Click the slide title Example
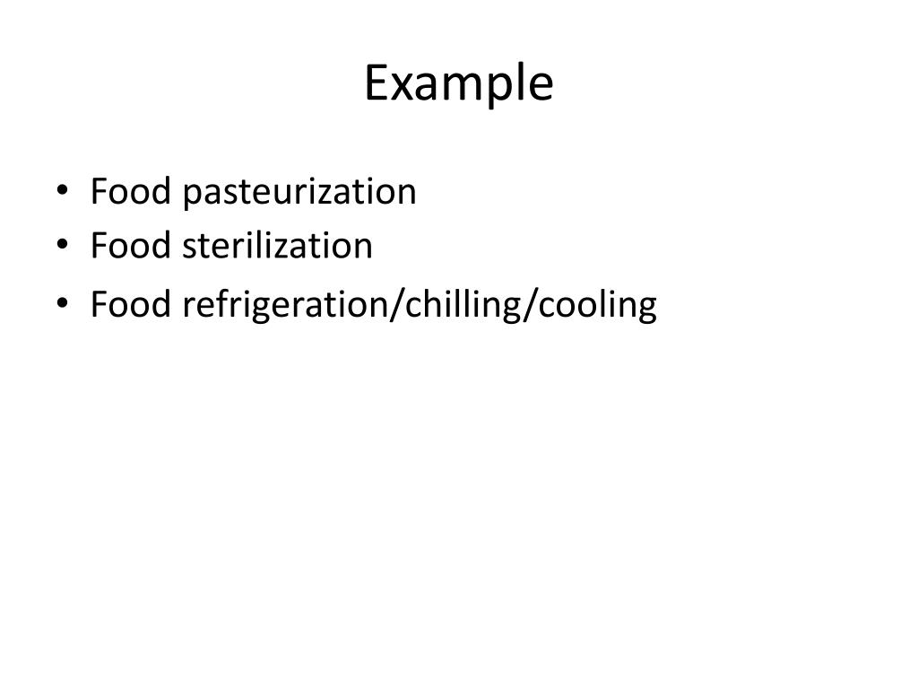point(458,83)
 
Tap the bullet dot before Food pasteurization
point(62,190)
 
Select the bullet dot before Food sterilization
point(62,244)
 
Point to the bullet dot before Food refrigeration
point(62,303)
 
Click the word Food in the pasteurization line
point(130,191)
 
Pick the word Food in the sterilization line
point(130,245)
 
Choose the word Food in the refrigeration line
point(130,304)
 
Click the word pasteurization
point(299,193)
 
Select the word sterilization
point(278,245)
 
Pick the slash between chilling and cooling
point(529,305)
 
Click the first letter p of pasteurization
point(193,196)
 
